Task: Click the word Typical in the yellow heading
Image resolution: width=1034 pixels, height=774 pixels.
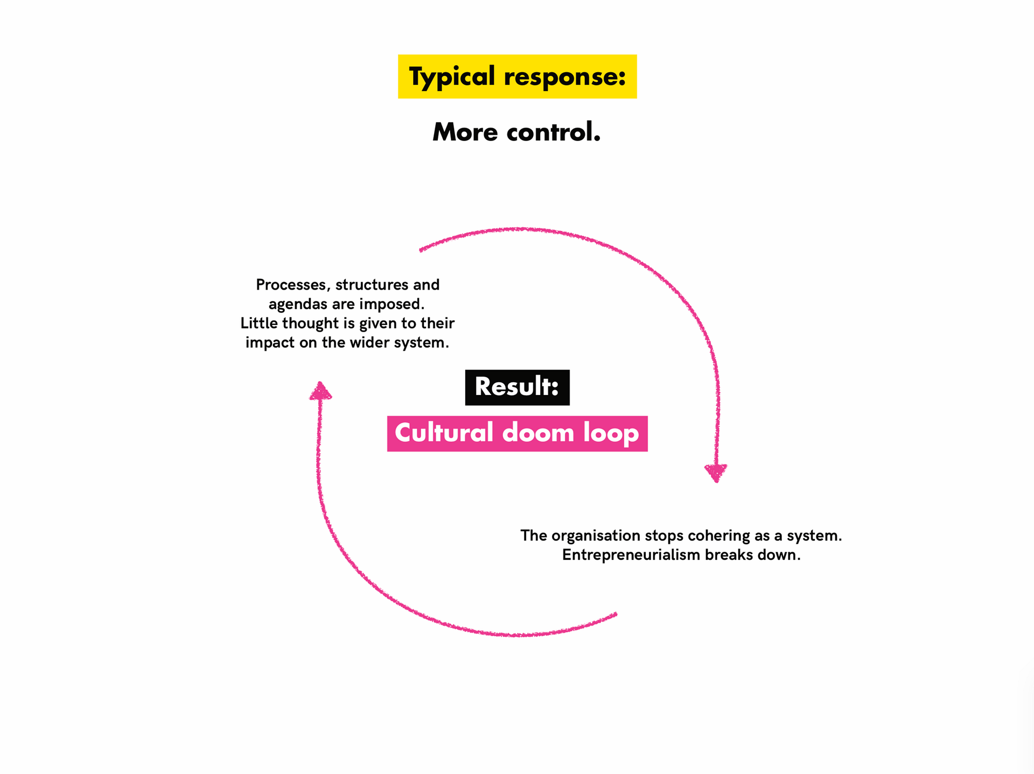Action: (x=452, y=77)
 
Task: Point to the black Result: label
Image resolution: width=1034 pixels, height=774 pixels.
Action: (x=518, y=387)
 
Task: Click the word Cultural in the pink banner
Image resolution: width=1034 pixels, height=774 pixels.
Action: (x=444, y=433)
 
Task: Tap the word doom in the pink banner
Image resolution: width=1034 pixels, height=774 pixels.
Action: (x=539, y=433)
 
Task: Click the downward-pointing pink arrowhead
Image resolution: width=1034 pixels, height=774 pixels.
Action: (x=716, y=473)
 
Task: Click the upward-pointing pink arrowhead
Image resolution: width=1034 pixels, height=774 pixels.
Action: (x=320, y=391)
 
